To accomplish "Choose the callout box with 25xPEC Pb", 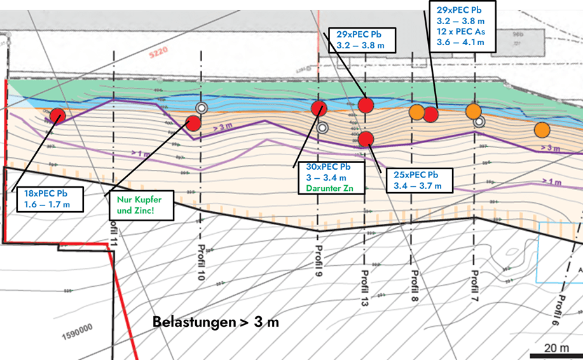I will tap(420, 181).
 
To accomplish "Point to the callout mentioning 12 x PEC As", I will tap(463, 26).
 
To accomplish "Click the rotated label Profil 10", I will tap(202, 264).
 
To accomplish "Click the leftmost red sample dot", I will tap(58, 115).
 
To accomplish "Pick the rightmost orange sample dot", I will tap(542, 130).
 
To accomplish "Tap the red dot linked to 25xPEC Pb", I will tap(366, 139).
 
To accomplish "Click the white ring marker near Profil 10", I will tap(202, 108).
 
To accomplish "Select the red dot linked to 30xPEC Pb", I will tap(319, 108).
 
